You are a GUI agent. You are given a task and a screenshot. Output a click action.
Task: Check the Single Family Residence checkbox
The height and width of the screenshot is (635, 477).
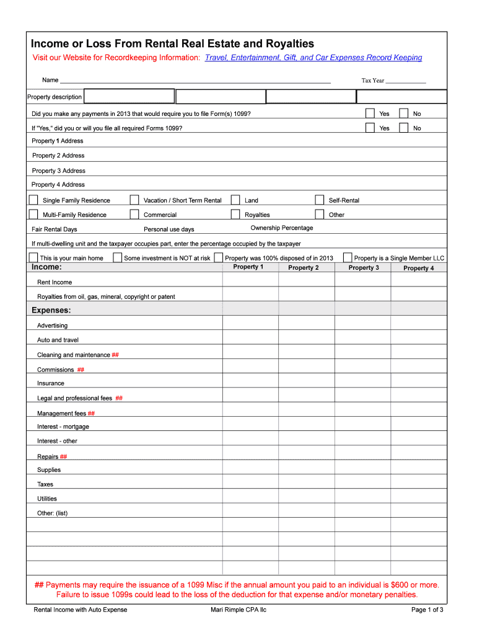click(x=33, y=200)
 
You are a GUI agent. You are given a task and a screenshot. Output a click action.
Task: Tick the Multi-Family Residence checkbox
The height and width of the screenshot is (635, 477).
click(x=33, y=214)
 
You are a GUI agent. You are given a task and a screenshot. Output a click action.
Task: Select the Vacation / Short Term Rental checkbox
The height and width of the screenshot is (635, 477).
click(x=134, y=200)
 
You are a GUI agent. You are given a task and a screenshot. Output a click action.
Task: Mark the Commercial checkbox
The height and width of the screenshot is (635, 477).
click(x=134, y=214)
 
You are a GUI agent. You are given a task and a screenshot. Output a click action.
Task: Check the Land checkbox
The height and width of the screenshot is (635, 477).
click(x=235, y=200)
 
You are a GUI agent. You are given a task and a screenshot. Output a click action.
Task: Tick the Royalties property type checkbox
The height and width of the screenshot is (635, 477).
click(x=235, y=214)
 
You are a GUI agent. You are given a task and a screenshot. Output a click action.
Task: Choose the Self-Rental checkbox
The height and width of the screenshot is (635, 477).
click(x=320, y=200)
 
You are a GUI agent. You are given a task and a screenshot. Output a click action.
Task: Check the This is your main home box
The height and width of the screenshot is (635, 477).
click(x=33, y=257)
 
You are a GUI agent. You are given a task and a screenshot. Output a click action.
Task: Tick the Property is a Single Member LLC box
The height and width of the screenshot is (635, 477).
click(x=348, y=257)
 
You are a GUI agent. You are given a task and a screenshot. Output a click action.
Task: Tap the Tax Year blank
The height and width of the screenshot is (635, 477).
click(x=406, y=80)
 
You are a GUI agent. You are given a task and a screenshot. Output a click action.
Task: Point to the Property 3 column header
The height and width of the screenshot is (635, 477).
click(x=364, y=268)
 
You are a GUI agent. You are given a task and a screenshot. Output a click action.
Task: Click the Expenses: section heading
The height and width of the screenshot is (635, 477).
click(x=51, y=309)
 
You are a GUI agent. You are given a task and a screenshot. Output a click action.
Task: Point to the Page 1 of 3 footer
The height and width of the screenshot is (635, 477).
click(x=427, y=610)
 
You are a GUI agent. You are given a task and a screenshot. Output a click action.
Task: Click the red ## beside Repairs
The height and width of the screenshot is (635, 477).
click(x=64, y=456)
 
